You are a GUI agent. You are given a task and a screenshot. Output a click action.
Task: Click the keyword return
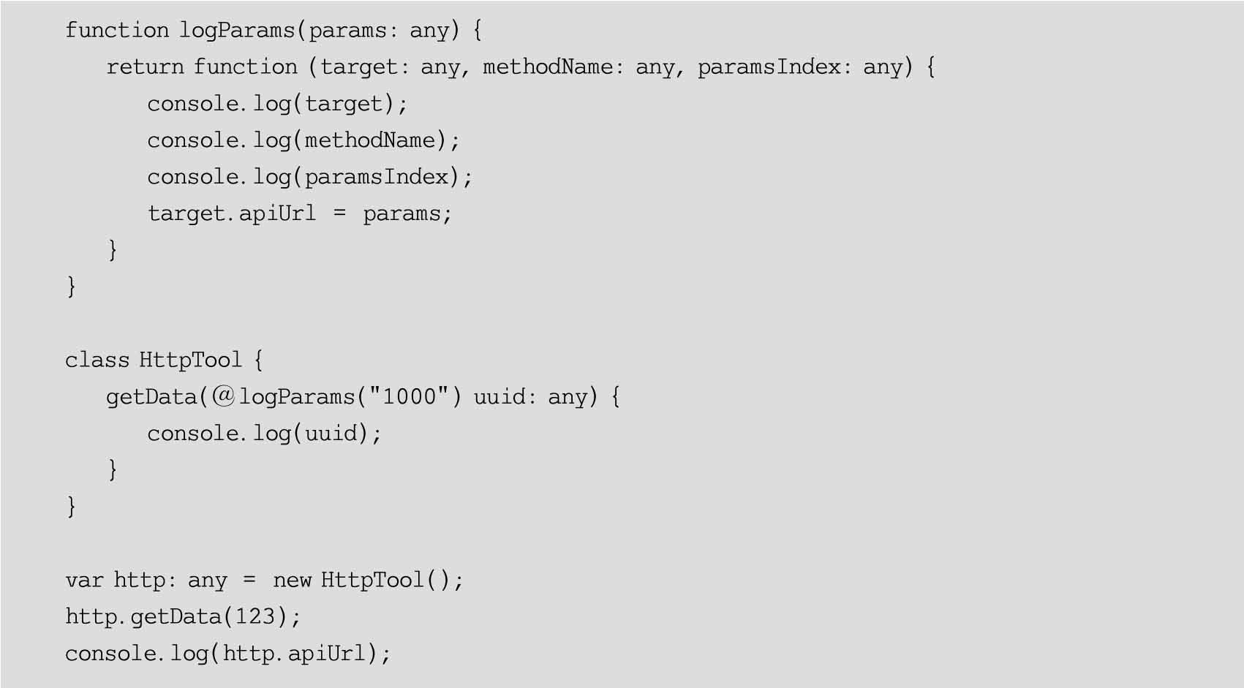(x=144, y=67)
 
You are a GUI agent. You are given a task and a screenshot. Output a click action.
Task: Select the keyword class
(x=95, y=360)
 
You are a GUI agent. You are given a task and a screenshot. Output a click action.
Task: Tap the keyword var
(x=83, y=581)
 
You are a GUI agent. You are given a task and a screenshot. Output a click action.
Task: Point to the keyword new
(x=292, y=581)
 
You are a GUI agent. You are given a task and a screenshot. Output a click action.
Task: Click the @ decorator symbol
(x=224, y=396)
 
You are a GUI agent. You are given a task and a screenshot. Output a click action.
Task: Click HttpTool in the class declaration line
(x=190, y=360)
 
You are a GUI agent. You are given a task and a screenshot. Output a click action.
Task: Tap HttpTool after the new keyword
(x=372, y=581)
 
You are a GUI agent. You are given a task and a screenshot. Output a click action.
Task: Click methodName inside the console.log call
(x=370, y=140)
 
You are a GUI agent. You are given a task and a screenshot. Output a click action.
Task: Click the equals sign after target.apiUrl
(x=339, y=214)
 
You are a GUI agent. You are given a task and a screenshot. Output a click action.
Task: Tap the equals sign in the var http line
(x=250, y=581)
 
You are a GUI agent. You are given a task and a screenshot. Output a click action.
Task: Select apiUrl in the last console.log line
(x=325, y=654)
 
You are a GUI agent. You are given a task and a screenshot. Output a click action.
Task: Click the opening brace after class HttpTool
(x=258, y=360)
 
